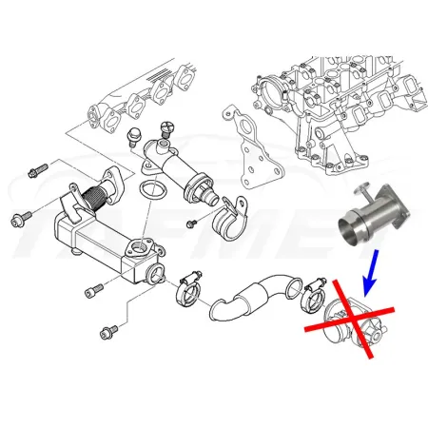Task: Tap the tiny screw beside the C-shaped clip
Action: pos(190,224)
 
